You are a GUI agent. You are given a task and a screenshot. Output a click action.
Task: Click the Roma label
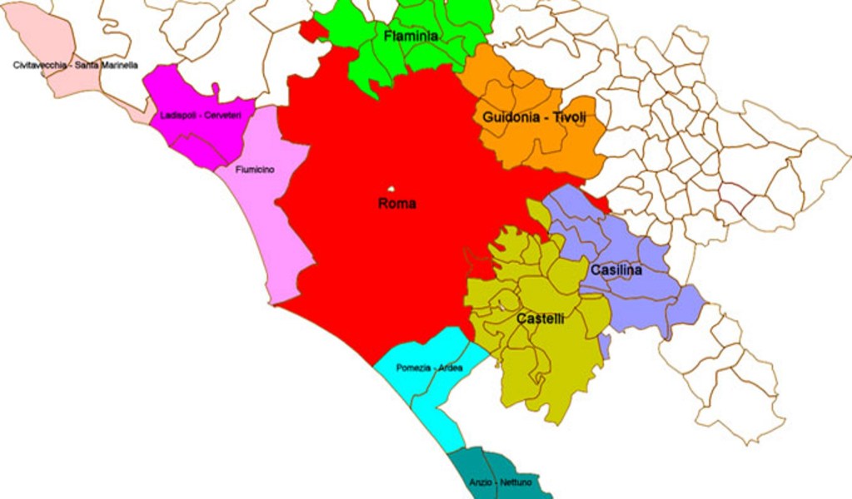tap(396, 204)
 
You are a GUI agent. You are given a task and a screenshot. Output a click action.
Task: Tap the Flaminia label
tap(411, 37)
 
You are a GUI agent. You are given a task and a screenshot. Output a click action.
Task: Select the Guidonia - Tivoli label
tap(534, 118)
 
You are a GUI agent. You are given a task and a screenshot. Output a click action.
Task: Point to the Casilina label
tap(616, 270)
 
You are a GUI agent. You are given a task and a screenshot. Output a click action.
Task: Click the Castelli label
tap(541, 319)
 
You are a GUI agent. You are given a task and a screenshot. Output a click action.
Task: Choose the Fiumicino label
tap(255, 170)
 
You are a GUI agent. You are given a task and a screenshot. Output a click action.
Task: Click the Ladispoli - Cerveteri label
tap(201, 116)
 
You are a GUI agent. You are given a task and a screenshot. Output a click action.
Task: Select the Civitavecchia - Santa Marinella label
tap(76, 65)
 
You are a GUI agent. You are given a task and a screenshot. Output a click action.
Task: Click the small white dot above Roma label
tap(391, 190)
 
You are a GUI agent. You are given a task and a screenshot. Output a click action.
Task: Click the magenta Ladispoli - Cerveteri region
tap(179, 91)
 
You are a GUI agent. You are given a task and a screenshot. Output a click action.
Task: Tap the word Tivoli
tap(567, 118)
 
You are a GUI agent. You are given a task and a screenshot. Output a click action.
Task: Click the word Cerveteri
tap(221, 116)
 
